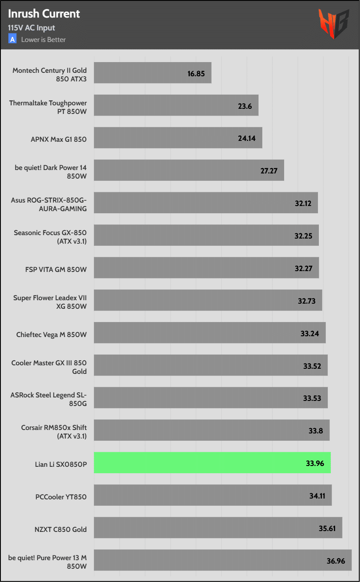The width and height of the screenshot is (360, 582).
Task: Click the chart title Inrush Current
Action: point(44,14)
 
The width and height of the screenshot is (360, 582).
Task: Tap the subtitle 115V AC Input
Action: point(31,28)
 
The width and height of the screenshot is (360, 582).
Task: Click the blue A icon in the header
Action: point(12,39)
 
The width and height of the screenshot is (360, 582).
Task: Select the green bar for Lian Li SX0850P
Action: point(212,463)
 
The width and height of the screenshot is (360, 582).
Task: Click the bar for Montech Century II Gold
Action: point(153,73)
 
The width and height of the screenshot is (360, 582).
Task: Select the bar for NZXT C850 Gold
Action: point(218,528)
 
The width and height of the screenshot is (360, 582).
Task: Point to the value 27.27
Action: point(269,171)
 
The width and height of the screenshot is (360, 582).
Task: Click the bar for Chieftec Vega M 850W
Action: point(210,333)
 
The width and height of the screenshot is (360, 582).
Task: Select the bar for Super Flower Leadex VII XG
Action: point(208,300)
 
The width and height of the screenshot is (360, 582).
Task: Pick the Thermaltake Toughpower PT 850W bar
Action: point(176,105)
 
